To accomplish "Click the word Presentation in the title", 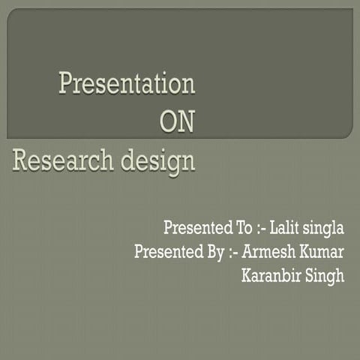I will pyautogui.click(x=127, y=83).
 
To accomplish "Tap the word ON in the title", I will pyautogui.click(x=178, y=122).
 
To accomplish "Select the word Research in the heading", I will pyautogui.click(x=58, y=160).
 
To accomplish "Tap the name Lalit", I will pyautogui.click(x=286, y=227).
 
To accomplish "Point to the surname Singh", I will pyautogui.click(x=325, y=277).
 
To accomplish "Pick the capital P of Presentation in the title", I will pyautogui.click(x=66, y=83).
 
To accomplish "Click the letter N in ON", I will pyautogui.click(x=186, y=122).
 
